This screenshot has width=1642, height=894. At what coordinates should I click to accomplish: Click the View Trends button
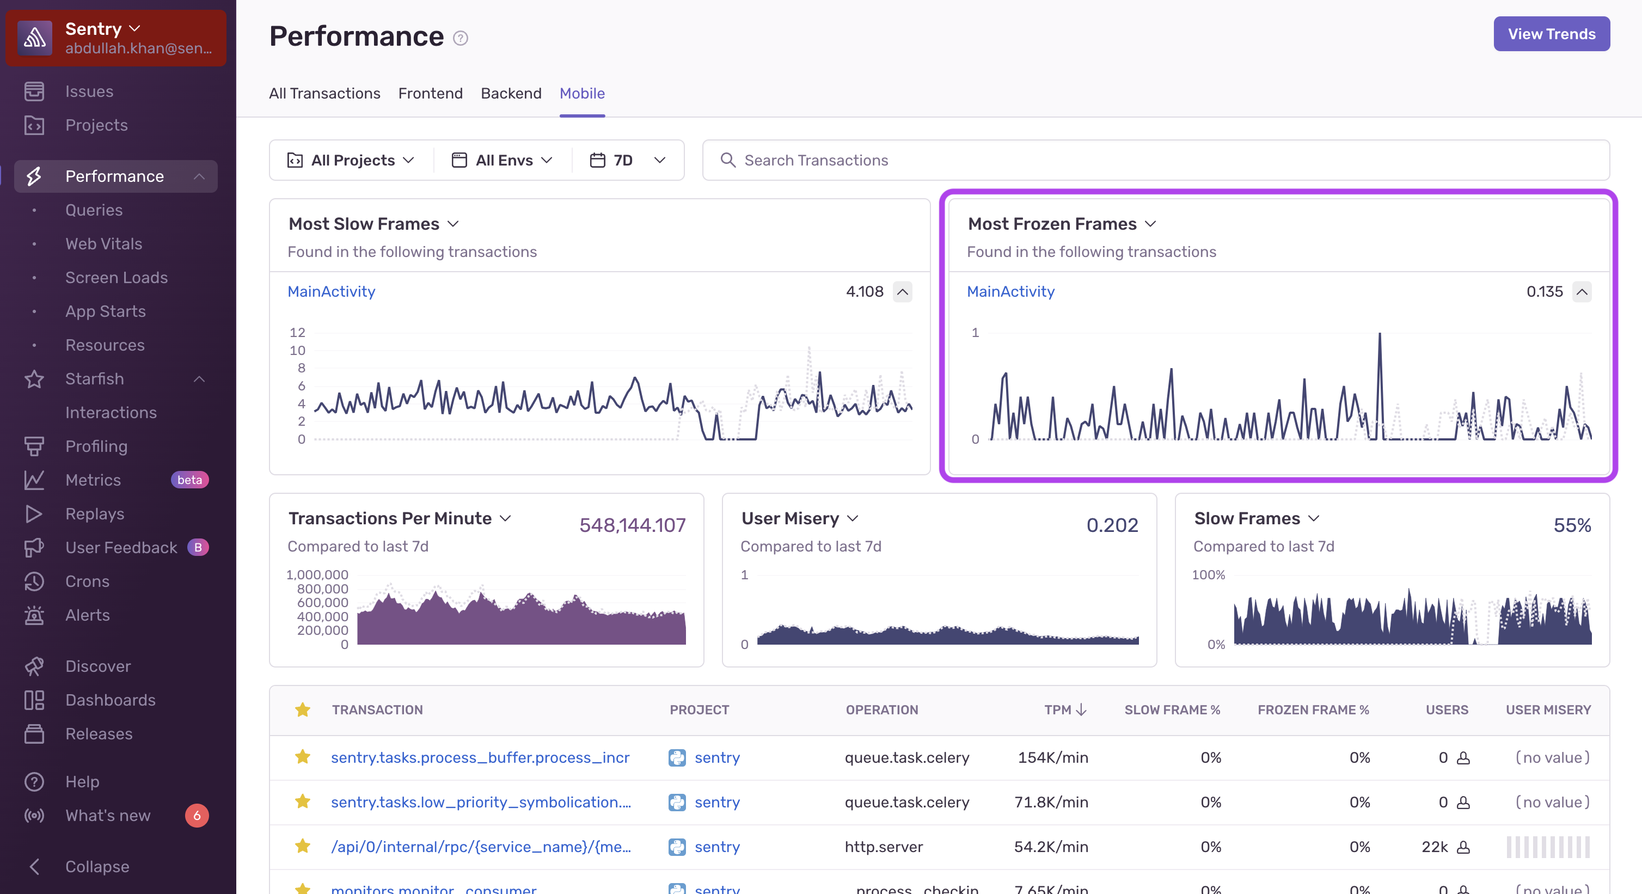click(x=1551, y=34)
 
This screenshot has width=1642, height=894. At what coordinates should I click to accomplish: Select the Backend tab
click(x=511, y=93)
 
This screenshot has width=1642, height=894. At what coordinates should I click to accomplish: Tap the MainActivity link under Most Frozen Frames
click(x=1010, y=291)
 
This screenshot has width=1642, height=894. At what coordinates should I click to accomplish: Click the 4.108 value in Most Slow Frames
click(x=865, y=291)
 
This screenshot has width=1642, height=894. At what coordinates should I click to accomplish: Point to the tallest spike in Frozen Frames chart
click(x=1380, y=335)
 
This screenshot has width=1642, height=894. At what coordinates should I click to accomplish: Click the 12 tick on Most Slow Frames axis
click(x=297, y=332)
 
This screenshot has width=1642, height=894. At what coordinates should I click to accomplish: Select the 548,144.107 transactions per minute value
click(x=632, y=525)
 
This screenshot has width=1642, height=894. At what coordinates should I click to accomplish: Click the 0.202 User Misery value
click(x=1112, y=525)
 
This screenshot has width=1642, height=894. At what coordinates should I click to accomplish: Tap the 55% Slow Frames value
click(x=1572, y=525)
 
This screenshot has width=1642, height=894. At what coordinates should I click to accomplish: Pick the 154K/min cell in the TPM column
click(x=1052, y=757)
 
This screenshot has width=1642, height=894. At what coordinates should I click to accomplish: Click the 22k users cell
click(x=1434, y=847)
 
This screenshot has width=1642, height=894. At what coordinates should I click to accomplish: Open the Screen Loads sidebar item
click(x=116, y=277)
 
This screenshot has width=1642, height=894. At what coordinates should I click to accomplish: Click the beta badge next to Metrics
click(x=189, y=480)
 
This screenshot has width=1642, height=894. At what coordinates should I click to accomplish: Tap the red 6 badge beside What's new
click(x=197, y=816)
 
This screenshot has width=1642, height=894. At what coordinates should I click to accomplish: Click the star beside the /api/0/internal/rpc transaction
click(x=303, y=846)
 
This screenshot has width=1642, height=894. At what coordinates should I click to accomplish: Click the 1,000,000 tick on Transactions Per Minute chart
click(x=317, y=574)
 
